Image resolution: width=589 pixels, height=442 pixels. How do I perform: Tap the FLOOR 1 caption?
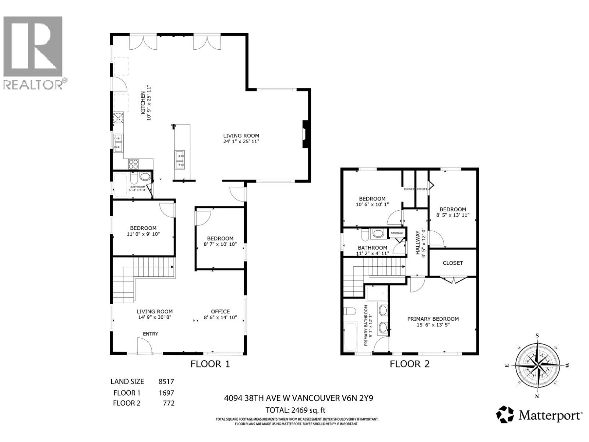(x=210, y=364)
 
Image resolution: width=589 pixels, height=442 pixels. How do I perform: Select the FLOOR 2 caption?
(x=410, y=364)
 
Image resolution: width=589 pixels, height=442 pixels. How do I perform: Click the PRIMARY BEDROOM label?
(x=433, y=319)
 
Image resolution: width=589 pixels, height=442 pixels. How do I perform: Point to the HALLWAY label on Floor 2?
(x=418, y=243)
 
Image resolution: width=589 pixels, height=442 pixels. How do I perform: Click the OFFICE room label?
(x=220, y=312)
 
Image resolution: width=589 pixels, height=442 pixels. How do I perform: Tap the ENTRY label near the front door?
(x=150, y=334)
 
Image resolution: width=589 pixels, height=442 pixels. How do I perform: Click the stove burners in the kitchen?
(x=133, y=164)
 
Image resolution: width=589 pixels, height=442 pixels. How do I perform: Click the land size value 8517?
(x=166, y=382)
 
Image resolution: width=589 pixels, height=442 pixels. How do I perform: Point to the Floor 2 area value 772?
(x=169, y=403)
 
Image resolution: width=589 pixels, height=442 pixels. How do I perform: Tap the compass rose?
(x=537, y=365)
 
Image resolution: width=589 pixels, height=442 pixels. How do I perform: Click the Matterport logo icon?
(x=505, y=415)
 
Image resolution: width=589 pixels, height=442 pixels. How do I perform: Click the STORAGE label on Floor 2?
(x=397, y=233)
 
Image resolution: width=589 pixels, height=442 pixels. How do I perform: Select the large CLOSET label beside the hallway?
(x=453, y=263)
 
